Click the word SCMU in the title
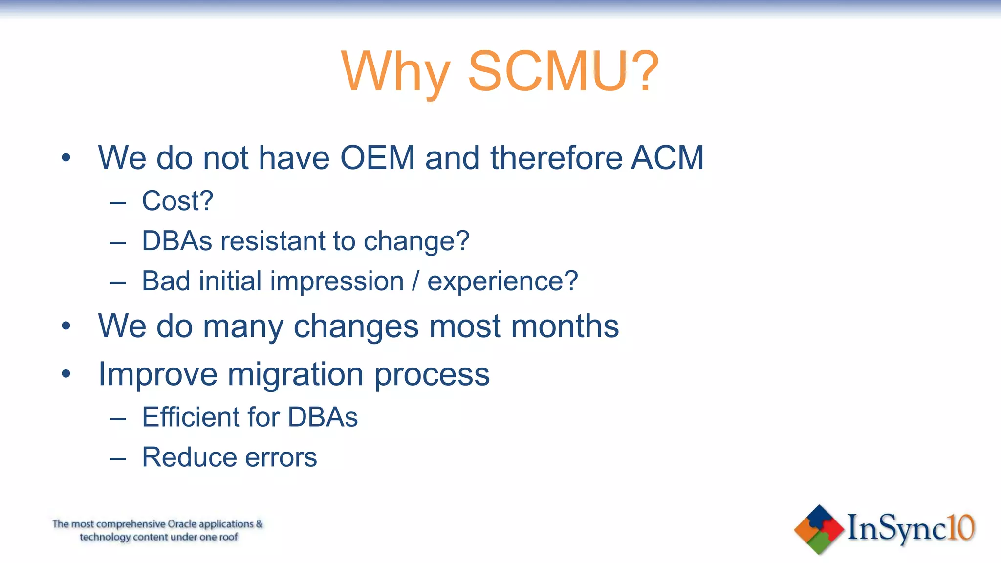[547, 72]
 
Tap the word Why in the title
[395, 72]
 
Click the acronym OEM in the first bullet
[377, 158]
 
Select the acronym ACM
[667, 158]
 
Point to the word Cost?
[177, 201]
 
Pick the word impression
[337, 281]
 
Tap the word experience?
[502, 281]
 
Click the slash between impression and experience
[415, 281]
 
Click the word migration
[295, 374]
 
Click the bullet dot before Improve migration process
[66, 374]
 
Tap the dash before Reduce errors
[118, 459]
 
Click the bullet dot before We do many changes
[66, 326]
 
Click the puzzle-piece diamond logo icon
[819, 530]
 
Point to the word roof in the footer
[228, 537]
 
